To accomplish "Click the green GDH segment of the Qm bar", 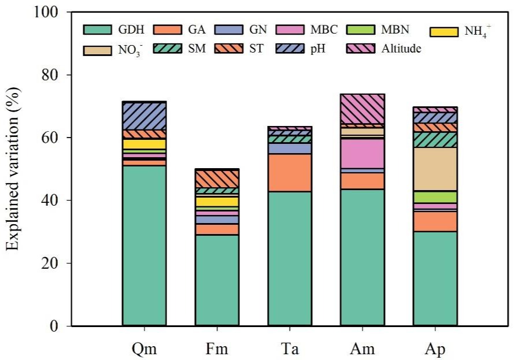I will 145,246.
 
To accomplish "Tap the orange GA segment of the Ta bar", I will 290,173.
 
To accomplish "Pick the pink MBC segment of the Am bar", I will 362,154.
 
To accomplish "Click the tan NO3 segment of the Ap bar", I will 435,169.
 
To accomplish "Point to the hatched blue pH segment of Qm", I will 145,116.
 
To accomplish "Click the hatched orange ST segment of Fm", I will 217,179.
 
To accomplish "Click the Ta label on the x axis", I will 290,350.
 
